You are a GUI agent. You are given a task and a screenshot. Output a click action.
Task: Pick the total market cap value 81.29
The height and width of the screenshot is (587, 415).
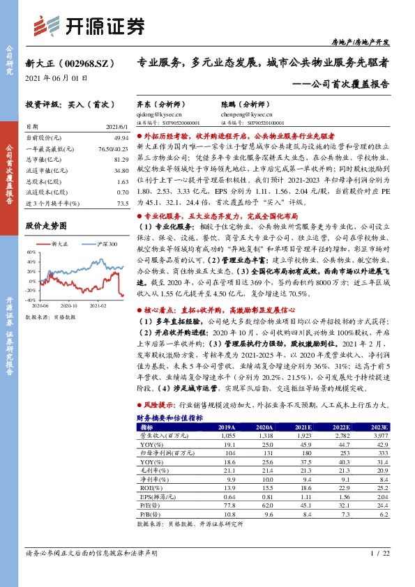click(x=121, y=160)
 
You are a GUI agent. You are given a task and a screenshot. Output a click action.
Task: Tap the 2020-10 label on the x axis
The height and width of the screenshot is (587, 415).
click(x=68, y=305)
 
